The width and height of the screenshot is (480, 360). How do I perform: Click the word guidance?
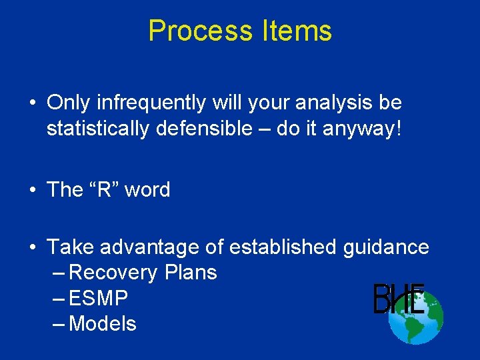click(386, 247)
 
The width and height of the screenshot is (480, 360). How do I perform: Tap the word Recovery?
click(113, 273)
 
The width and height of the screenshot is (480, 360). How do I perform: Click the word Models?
click(103, 324)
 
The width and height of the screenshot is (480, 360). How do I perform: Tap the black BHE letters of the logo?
click(399, 299)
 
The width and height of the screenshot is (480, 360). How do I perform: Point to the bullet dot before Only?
click(32, 104)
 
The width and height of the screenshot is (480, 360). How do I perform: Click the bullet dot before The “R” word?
click(32, 191)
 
